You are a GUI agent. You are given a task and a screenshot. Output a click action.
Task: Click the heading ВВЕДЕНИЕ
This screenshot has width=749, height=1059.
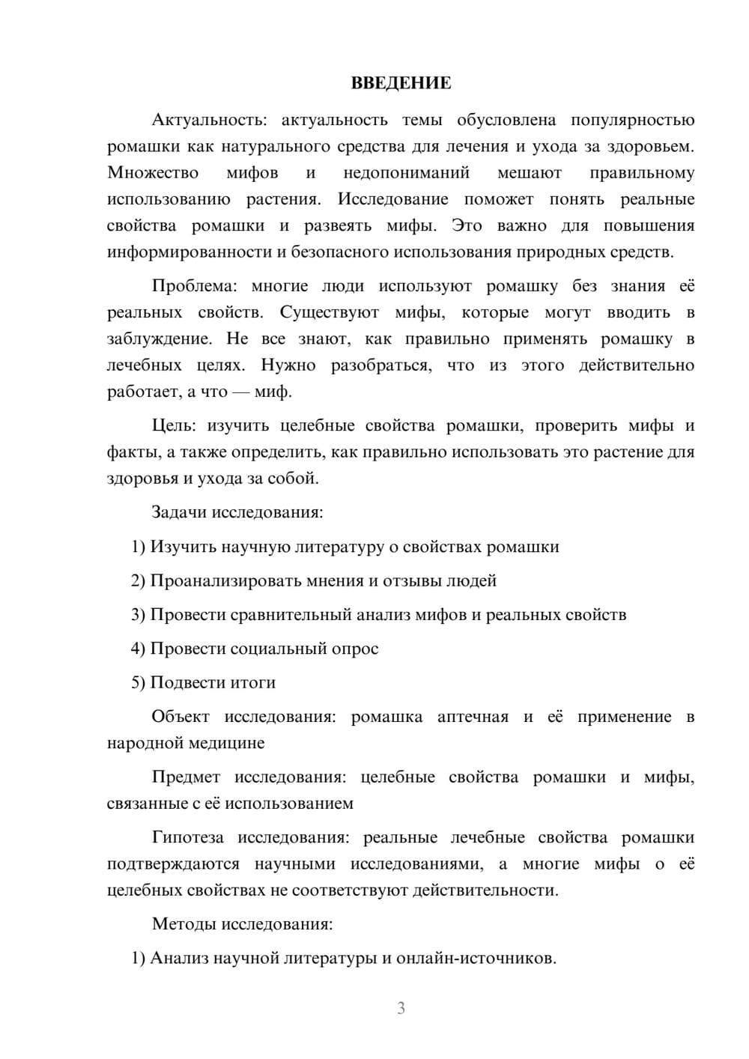click(x=401, y=83)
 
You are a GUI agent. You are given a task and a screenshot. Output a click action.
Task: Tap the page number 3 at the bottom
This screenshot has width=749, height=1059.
click(x=401, y=1008)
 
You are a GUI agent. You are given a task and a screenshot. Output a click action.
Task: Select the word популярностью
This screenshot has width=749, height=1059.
click(x=632, y=120)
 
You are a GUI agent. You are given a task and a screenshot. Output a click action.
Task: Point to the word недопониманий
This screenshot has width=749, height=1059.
click(x=406, y=173)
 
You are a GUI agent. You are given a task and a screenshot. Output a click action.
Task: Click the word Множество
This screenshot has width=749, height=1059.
click(x=153, y=173)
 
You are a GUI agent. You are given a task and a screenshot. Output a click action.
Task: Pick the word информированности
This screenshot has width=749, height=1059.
click(x=189, y=252)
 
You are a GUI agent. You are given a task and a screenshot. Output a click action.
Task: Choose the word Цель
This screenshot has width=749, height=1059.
click(x=173, y=426)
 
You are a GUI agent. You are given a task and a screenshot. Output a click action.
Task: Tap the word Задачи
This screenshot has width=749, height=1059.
click(x=179, y=513)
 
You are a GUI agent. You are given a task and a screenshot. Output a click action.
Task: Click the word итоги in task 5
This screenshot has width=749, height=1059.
click(x=254, y=683)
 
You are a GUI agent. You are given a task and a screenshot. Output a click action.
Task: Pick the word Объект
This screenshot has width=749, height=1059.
click(x=181, y=717)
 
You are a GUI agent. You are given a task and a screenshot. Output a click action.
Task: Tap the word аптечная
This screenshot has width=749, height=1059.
click(x=473, y=717)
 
